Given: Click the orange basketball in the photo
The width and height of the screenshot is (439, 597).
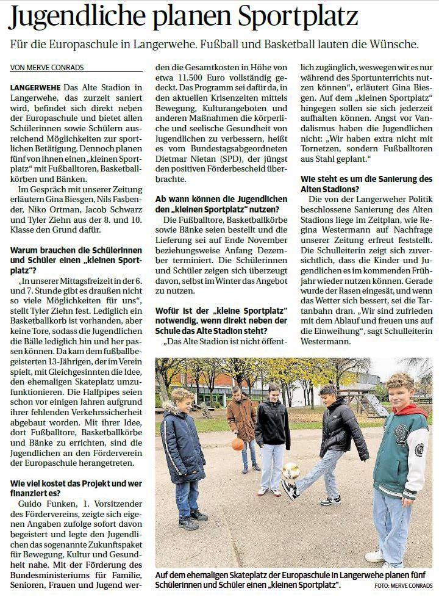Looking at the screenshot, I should pyautogui.click(x=237, y=444).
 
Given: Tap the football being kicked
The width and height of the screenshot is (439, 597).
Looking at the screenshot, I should pyautogui.click(x=291, y=471).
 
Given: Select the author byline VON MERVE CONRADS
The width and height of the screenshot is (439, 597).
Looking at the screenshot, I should pyautogui.click(x=47, y=67).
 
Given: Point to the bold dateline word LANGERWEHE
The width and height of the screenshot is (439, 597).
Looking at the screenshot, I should pyautogui.click(x=35, y=89).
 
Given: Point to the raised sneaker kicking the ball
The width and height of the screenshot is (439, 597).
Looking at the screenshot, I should pyautogui.click(x=290, y=490).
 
